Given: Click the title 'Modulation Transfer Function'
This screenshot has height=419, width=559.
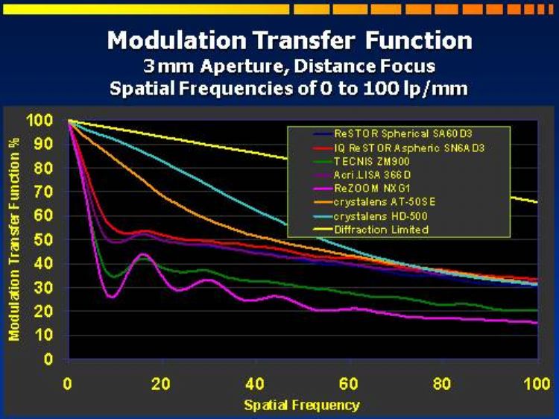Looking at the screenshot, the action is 290,40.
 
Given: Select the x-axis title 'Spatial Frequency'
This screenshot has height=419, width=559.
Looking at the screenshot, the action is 302,405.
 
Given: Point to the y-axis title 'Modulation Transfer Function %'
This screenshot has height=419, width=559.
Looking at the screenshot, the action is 13,239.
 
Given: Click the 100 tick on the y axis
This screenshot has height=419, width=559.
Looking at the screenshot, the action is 40,120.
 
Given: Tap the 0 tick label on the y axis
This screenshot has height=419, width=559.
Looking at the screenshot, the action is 48,359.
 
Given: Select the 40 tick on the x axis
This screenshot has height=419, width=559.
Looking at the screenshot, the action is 255,384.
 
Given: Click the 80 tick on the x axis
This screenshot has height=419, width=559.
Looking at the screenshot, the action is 442,384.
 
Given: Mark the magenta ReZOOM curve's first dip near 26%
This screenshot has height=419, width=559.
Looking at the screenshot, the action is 112,297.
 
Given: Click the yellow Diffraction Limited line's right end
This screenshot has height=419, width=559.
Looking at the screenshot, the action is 537,202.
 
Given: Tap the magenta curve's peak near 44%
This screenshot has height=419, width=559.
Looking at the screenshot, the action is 143,254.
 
